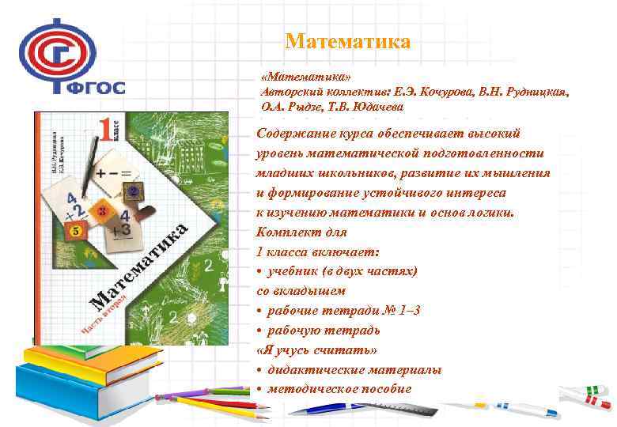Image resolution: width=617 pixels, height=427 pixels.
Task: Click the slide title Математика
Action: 347,41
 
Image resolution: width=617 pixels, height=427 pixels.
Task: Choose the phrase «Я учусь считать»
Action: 316,350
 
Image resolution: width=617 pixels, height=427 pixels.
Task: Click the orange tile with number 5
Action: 75,232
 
